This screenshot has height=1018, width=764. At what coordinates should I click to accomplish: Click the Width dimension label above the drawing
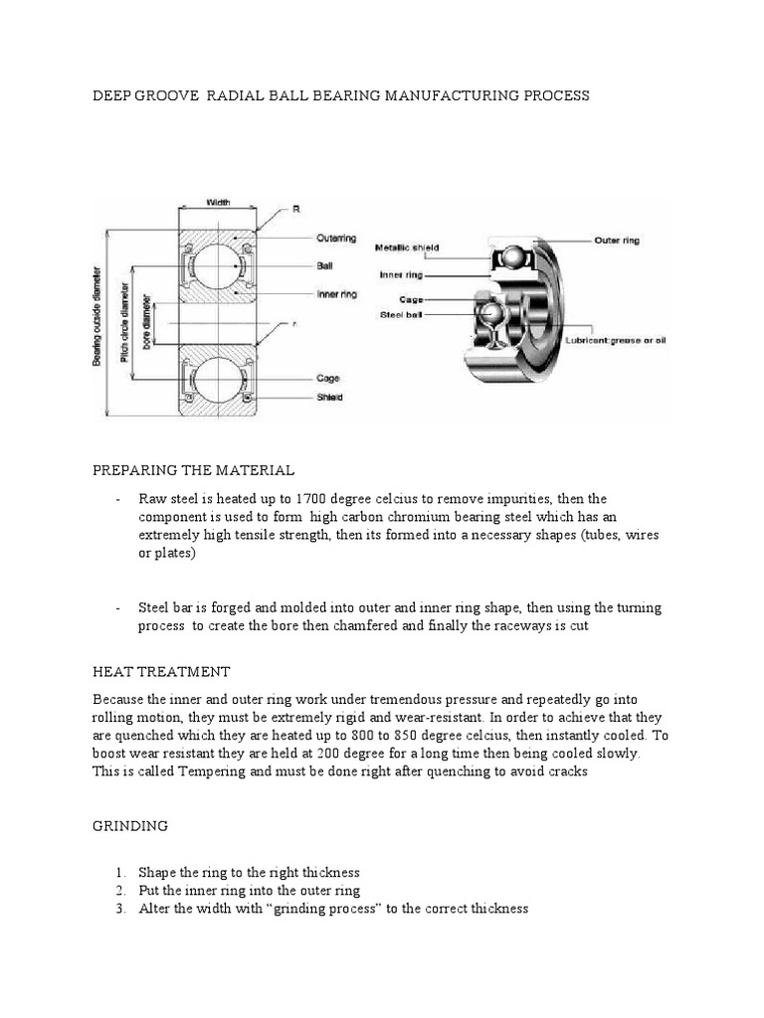218,203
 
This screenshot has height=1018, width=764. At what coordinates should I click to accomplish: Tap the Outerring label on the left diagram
336,239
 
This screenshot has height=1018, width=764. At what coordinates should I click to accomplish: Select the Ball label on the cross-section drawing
324,266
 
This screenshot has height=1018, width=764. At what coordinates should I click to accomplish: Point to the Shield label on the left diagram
330,398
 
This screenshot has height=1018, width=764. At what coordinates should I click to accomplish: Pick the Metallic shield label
407,248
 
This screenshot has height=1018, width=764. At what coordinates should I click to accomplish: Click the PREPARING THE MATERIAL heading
193,469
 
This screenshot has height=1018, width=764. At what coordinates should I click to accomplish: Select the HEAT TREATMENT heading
161,672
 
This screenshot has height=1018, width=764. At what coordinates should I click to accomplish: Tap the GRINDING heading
129,826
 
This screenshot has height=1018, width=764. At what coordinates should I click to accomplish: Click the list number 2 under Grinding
118,891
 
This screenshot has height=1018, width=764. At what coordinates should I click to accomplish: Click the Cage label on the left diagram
327,378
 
